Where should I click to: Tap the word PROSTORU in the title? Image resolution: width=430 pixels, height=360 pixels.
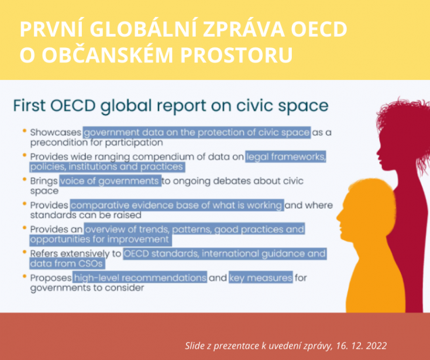click(236, 55)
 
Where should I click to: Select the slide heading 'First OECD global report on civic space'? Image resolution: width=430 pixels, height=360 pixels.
click(171, 106)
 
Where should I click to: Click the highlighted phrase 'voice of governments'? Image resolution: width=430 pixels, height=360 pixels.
click(110, 181)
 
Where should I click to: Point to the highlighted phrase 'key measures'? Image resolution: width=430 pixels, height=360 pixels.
click(261, 278)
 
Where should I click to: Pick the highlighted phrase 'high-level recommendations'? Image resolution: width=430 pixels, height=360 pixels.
click(140, 278)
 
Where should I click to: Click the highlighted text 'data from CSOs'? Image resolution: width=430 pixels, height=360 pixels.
click(66, 263)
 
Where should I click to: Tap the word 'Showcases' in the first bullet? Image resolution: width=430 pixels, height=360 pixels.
click(56, 133)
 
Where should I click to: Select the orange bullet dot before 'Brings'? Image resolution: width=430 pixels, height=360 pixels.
click(24, 180)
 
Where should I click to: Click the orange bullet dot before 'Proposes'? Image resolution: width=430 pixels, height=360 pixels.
click(24, 277)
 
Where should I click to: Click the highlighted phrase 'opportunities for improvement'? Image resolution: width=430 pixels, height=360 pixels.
click(100, 240)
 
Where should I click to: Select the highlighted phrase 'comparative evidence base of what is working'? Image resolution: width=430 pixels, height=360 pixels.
click(177, 205)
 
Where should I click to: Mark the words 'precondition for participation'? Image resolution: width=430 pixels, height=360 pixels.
click(97, 143)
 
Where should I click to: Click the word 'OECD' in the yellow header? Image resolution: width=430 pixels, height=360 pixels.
click(319, 29)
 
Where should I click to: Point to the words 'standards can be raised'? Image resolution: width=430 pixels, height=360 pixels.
click(85, 215)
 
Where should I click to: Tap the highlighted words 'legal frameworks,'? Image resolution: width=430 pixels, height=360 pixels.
click(286, 157)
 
